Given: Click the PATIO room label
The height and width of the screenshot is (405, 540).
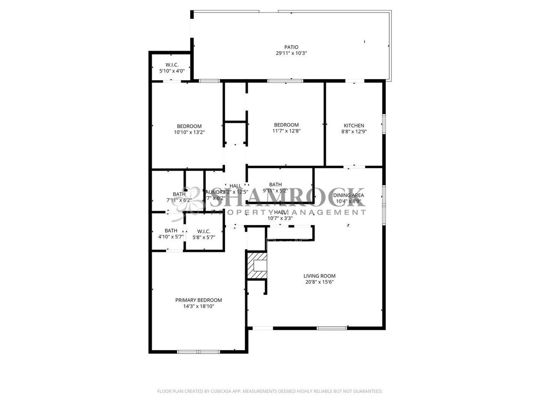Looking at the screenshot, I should click(291, 47).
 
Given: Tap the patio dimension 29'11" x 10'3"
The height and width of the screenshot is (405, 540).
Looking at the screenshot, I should click(291, 53).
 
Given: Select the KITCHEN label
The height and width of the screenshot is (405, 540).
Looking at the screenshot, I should click(354, 126).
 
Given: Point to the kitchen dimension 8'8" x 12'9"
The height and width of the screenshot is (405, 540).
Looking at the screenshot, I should click(354, 131).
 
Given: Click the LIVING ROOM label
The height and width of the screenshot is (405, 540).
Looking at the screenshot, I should click(319, 276).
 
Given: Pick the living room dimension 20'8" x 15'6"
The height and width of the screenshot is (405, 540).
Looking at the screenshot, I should click(319, 282).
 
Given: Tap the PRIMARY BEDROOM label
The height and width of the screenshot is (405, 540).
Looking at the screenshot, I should click(198, 300).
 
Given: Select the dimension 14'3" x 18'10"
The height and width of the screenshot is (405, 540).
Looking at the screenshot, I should click(198, 306).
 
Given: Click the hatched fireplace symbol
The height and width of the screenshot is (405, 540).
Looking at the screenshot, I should click(257, 265).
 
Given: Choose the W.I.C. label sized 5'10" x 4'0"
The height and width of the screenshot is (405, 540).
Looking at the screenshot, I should click(172, 65).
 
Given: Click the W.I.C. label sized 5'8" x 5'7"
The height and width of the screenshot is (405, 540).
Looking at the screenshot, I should click(204, 231).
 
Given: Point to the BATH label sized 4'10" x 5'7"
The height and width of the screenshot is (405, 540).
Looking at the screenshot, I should click(171, 230).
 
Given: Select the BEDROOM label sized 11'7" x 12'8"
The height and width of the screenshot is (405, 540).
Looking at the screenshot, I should click(286, 125).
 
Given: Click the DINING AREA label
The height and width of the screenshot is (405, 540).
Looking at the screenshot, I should click(348, 195).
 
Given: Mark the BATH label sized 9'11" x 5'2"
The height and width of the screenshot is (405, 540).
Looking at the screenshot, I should click(276, 184).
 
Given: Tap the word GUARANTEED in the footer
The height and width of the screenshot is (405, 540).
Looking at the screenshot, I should click(366, 392).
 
